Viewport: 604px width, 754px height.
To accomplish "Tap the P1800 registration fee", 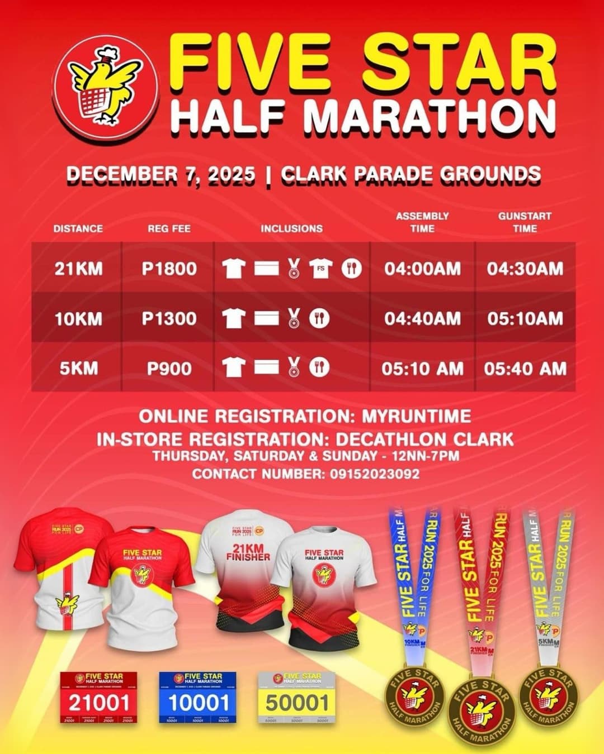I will point(169,269).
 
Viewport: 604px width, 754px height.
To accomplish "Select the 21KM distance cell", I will point(78,269).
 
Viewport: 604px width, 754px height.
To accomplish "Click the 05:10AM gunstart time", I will point(525,319).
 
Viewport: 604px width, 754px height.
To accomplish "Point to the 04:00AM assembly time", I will point(422,269).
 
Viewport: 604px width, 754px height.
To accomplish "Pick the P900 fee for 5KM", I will point(169,369).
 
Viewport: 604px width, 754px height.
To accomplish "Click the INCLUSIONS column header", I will point(291,228).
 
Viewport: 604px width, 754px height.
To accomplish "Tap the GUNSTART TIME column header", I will point(525,222).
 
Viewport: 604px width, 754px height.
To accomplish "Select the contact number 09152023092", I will point(371,474).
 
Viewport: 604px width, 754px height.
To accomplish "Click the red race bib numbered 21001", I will point(98,698).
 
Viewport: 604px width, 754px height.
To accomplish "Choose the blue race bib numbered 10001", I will point(199,698).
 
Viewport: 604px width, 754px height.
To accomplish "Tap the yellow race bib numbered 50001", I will point(296,698).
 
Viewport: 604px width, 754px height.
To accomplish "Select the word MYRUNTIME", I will point(417,417).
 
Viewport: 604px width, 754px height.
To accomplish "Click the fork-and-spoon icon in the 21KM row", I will point(351,269).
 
